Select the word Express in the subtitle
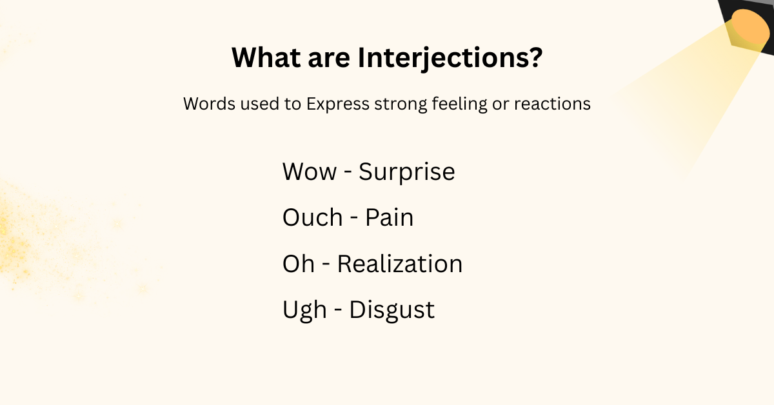337,104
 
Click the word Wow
310,172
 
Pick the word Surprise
407,172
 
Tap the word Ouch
313,218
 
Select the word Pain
389,218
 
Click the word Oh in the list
299,264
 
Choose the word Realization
400,264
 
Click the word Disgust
392,310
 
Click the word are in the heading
330,59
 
